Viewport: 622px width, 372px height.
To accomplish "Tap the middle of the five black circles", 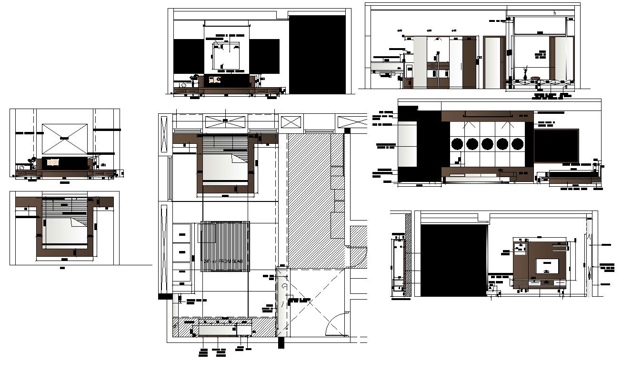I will click(x=487, y=144).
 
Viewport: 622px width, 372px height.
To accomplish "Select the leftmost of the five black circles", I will click(x=457, y=144).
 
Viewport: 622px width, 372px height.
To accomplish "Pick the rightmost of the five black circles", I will click(x=518, y=144).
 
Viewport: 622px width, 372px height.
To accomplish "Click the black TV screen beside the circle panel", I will click(x=556, y=146).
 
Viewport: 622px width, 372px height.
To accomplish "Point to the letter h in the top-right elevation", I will click(x=555, y=13).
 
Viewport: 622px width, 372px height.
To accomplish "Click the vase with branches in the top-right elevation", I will click(x=525, y=73).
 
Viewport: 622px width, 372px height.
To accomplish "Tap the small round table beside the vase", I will click(x=535, y=78).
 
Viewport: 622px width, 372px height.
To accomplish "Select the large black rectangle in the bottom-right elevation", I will click(x=454, y=260).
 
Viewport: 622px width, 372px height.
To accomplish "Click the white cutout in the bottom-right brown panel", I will click(x=547, y=266).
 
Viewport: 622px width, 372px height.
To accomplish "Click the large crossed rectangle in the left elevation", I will click(x=65, y=139).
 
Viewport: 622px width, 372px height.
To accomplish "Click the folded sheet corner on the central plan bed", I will click(x=238, y=159).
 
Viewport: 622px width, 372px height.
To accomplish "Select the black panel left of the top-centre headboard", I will click(x=189, y=56).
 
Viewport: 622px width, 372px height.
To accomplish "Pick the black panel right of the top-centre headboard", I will click(x=264, y=56).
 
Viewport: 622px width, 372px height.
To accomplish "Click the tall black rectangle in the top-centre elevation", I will click(x=317, y=54).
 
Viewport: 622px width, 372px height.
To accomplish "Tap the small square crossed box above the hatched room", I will click(x=291, y=121).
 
